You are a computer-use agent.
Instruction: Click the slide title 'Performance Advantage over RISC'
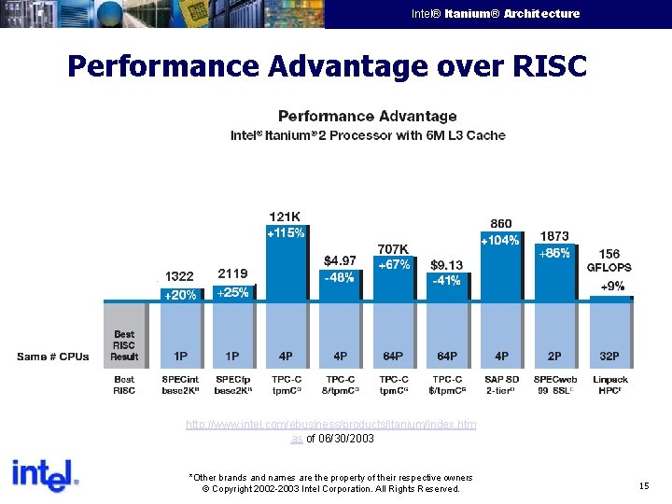tap(327, 66)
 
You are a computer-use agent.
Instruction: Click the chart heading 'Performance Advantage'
tap(368, 117)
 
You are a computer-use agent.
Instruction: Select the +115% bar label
tap(286, 233)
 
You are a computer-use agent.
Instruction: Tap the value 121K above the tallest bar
tap(286, 217)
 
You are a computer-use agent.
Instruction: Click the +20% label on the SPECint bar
tap(180, 295)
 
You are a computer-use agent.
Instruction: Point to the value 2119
tap(232, 273)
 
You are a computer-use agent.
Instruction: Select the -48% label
tap(339, 277)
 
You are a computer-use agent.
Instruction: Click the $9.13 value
tap(446, 264)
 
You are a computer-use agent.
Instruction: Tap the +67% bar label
tap(393, 265)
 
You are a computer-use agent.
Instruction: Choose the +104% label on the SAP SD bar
tap(500, 241)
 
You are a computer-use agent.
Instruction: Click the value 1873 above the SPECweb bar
tap(554, 236)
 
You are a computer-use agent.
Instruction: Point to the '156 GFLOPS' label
tap(609, 260)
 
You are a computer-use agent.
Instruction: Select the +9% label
tap(612, 287)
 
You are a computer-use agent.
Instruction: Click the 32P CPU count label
tap(609, 356)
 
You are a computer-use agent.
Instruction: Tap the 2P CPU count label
tap(554, 356)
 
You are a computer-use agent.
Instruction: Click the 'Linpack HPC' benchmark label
tap(609, 385)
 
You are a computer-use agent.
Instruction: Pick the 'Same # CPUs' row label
tap(53, 357)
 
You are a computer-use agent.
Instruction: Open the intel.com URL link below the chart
tap(330, 425)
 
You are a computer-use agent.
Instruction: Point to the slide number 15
tap(644, 486)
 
